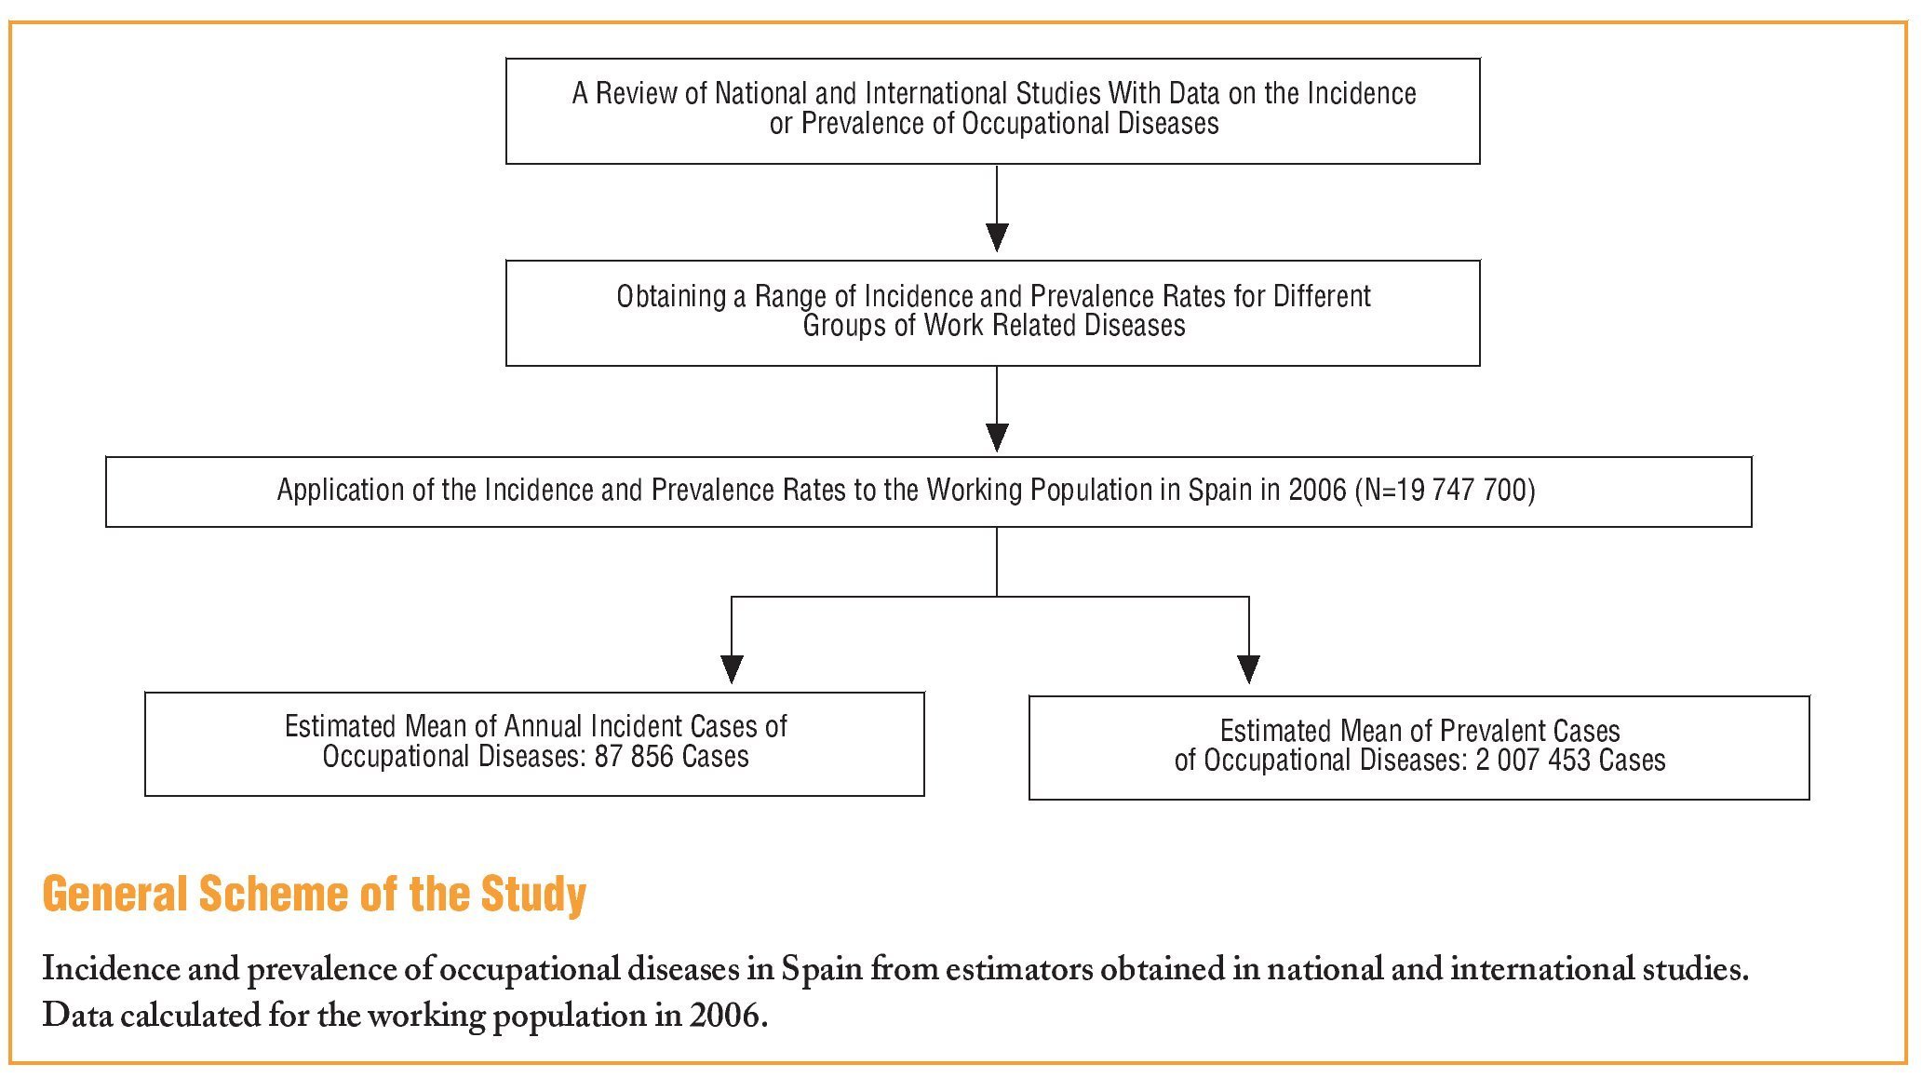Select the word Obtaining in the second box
point(670,297)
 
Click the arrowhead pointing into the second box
point(997,236)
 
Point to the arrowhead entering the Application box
point(997,438)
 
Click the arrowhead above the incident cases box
point(732,668)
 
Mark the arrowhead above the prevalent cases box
point(1248,668)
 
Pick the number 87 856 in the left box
point(635,757)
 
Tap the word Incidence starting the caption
point(110,970)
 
